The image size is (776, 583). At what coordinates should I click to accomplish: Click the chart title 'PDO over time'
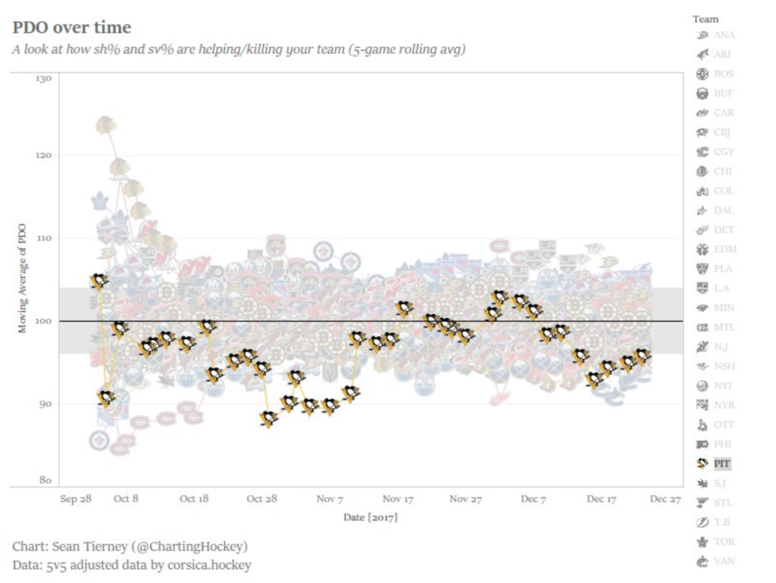pyautogui.click(x=72, y=28)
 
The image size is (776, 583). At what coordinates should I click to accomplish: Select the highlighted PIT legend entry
pyautogui.click(x=722, y=463)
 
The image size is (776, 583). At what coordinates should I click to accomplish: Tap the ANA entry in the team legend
pyautogui.click(x=724, y=35)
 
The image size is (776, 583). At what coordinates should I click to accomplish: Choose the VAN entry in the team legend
pyautogui.click(x=724, y=561)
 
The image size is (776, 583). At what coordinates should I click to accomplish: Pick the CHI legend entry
pyautogui.click(x=723, y=171)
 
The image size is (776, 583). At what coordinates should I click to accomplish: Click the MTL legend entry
pyautogui.click(x=724, y=327)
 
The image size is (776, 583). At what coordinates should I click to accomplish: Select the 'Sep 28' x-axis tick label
pyautogui.click(x=76, y=499)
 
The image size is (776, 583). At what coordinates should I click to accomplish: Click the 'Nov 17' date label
pyautogui.click(x=398, y=499)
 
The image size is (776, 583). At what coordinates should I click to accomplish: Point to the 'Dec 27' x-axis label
pyautogui.click(x=665, y=499)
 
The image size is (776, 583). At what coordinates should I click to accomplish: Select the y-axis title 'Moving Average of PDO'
pyautogui.click(x=23, y=278)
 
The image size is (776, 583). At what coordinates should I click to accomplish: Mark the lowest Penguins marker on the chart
pyautogui.click(x=269, y=419)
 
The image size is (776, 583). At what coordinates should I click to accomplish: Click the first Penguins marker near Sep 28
pyautogui.click(x=98, y=280)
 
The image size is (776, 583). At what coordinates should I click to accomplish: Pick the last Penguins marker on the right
pyautogui.click(x=642, y=355)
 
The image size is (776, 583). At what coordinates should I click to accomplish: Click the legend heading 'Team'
pyautogui.click(x=705, y=19)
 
